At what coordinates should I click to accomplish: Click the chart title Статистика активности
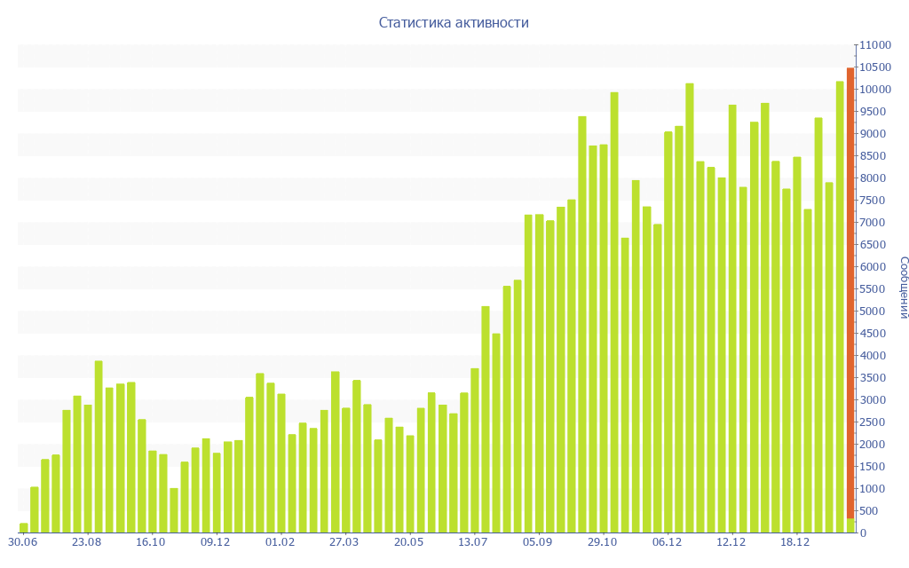point(454,23)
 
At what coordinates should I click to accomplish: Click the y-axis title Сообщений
point(904,288)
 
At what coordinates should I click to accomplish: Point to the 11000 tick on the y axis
point(874,45)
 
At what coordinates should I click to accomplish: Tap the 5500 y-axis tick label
point(874,289)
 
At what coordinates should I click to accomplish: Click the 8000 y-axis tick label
point(874,178)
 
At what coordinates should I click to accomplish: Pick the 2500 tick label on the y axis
point(874,422)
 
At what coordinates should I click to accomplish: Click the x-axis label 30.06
point(22,542)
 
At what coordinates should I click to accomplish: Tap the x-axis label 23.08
point(87,542)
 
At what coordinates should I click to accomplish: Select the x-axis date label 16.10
point(151,542)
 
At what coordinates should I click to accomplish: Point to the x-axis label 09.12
point(216,542)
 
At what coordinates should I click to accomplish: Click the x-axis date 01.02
point(280,542)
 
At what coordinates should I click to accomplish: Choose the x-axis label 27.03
point(344,542)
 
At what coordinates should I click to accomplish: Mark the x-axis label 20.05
point(408,542)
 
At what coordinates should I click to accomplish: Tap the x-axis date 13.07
point(473,542)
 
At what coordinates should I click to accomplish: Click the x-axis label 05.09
point(538,542)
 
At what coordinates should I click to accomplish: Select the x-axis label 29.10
point(602,542)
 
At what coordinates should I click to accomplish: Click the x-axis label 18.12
point(795,542)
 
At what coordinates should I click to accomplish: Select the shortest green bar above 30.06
point(24,528)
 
